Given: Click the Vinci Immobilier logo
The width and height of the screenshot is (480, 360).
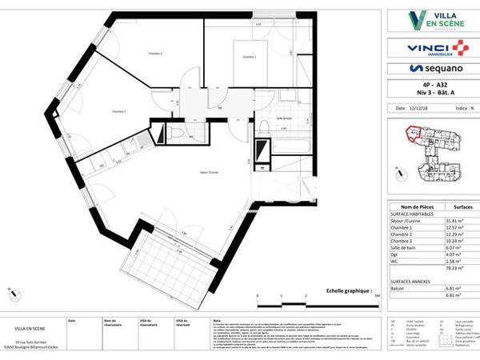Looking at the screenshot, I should coord(433,48).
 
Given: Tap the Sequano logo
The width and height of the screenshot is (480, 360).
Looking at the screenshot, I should coord(433,70).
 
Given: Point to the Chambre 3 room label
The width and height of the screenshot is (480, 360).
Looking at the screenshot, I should coord(155,54).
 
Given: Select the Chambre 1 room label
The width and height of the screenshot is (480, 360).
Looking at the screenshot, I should coord(249,57).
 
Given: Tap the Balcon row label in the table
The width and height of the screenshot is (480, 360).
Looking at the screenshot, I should coord(398,287).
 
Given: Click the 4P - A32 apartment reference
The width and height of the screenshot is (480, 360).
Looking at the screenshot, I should coord(432,84).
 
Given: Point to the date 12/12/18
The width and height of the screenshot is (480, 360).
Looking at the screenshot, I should coord(420,107).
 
